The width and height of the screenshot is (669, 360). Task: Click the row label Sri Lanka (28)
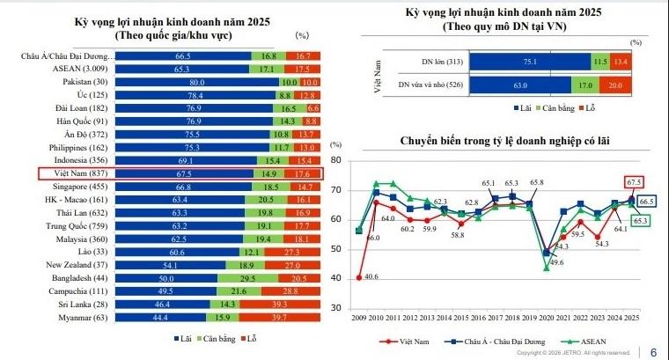click(81, 304)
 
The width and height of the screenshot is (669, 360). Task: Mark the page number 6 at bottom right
click(652, 350)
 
